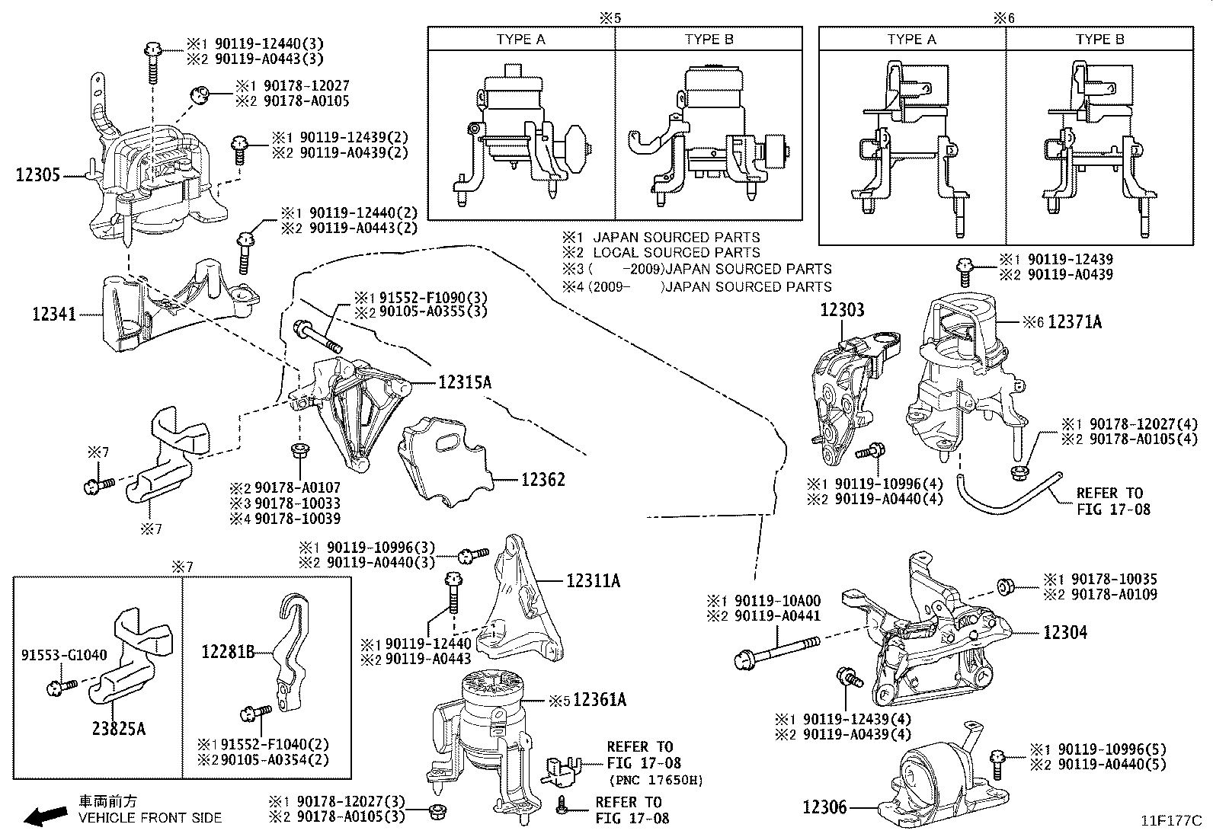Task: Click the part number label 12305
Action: [x=37, y=176]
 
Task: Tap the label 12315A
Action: [x=464, y=382]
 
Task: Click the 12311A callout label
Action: [x=593, y=581]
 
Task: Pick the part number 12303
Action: [x=842, y=310]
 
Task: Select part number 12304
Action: [x=1065, y=632]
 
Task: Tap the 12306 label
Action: [x=824, y=807]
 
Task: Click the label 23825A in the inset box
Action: [x=119, y=729]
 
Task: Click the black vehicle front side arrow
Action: [x=43, y=817]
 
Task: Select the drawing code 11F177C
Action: [x=1170, y=821]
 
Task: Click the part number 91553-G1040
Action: [x=64, y=655]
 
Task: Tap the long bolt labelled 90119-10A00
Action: [x=777, y=653]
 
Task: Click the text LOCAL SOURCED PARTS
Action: [x=676, y=252]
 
